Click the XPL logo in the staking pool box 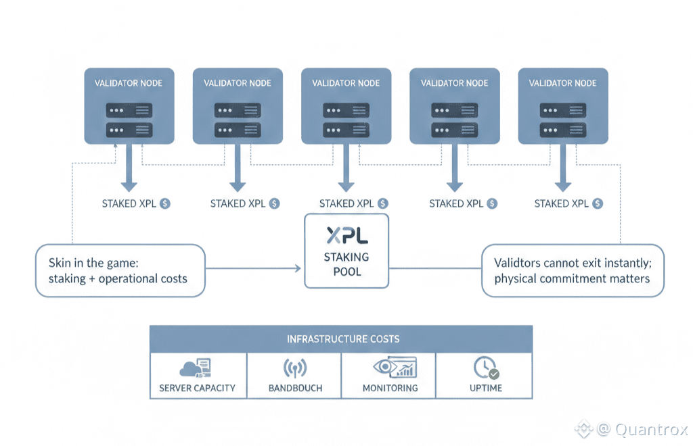click(346, 234)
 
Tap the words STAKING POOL click(346, 264)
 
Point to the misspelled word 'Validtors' click(519, 262)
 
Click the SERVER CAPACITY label click(197, 388)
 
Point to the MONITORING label click(390, 388)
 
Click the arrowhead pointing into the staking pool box click(298, 268)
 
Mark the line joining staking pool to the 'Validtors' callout click(435, 268)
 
